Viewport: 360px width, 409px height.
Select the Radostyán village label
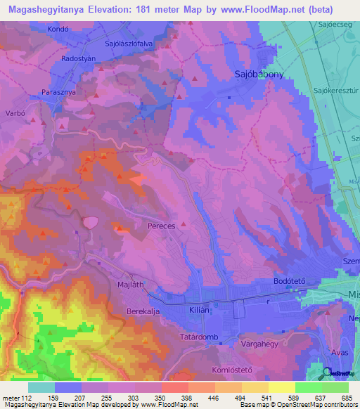78,59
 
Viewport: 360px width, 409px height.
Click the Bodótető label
288,280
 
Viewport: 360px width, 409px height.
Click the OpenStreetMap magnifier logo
328,372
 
